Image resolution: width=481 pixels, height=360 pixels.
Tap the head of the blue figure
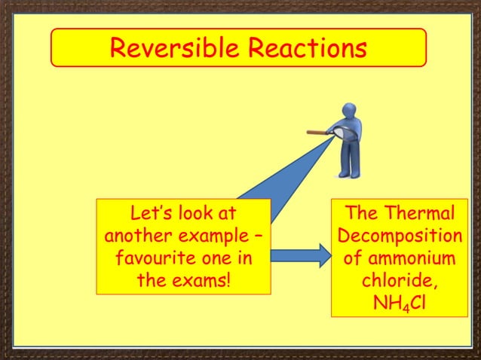pos(354,112)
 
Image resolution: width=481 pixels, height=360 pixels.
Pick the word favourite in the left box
pos(149,259)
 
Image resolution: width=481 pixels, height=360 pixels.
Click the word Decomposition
pos(400,236)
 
